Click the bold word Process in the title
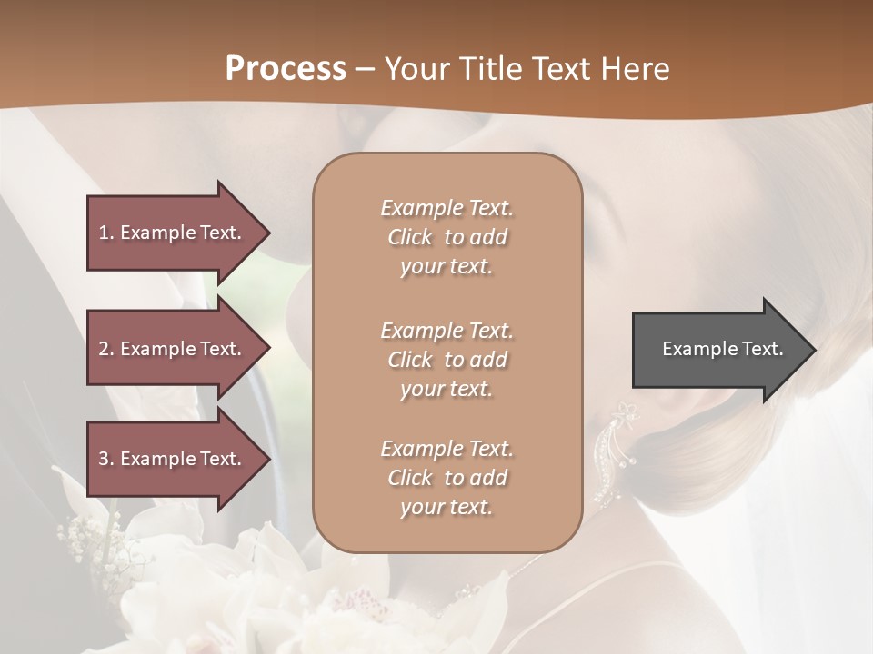[x=286, y=69]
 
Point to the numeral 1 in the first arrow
[x=104, y=233]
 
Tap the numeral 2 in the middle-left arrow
[x=104, y=349]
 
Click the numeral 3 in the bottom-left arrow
[x=104, y=459]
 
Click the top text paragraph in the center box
[x=447, y=237]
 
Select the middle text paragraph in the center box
[x=447, y=360]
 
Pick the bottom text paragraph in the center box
[x=447, y=478]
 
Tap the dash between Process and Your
[x=366, y=69]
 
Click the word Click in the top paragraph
[x=410, y=237]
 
